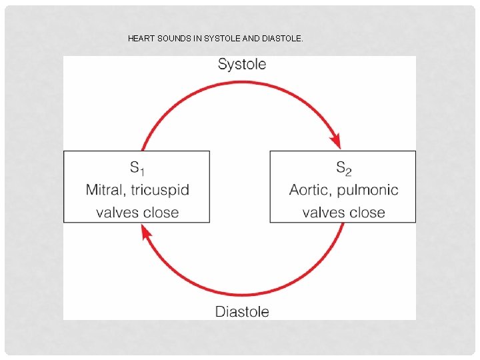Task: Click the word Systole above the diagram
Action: pyautogui.click(x=242, y=64)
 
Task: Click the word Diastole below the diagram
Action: pyautogui.click(x=242, y=311)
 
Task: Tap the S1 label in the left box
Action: pyautogui.click(x=137, y=168)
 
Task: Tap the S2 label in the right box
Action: pyautogui.click(x=343, y=168)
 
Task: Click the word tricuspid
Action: pyautogui.click(x=160, y=190)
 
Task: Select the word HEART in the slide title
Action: pyautogui.click(x=141, y=39)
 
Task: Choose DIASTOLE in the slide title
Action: pyautogui.click(x=283, y=39)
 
